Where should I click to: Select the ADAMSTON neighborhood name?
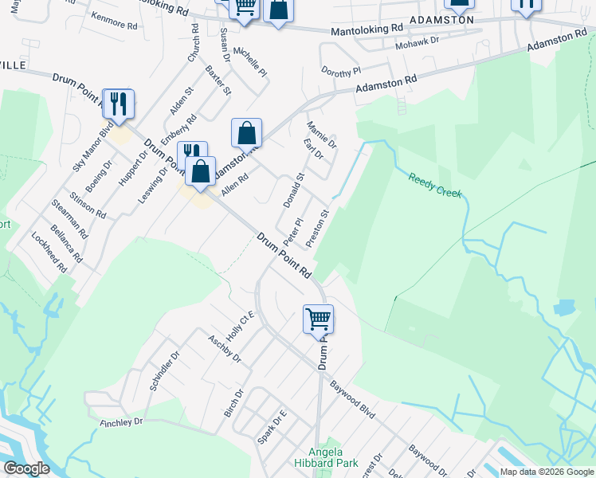(x=441, y=19)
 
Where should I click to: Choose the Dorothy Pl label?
(x=341, y=72)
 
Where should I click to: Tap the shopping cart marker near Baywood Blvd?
(x=318, y=319)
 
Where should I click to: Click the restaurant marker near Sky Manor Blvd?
(x=119, y=104)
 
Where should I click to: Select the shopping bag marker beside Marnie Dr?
(x=247, y=133)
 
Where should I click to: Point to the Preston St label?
(x=317, y=228)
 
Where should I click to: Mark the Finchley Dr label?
(x=121, y=421)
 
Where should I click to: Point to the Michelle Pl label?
(x=255, y=61)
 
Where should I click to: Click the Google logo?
(x=26, y=468)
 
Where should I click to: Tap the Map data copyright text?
(x=546, y=472)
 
